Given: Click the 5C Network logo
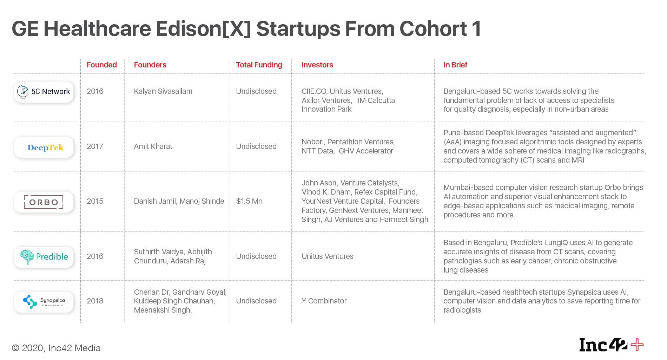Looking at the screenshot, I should [x=44, y=92].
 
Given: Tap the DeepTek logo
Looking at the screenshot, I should [x=44, y=147].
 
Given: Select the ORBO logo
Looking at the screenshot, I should [x=44, y=202].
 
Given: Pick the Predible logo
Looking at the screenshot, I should [x=44, y=257].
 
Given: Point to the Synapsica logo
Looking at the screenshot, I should [x=44, y=301].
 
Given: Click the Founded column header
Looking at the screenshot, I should [x=101, y=65].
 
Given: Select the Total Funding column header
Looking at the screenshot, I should [x=259, y=65].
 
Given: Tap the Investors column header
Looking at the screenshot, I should [x=317, y=65].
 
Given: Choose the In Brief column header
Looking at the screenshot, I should [x=455, y=65].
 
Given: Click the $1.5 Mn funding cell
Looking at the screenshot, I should [x=249, y=201].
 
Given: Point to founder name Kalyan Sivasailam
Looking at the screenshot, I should [x=163, y=91].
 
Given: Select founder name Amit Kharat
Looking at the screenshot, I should [x=153, y=146].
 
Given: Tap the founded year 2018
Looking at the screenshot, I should [x=95, y=301].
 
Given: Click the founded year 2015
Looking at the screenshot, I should [x=95, y=201].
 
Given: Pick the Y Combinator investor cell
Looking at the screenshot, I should [x=324, y=301].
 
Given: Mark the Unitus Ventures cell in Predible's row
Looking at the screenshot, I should [x=327, y=256].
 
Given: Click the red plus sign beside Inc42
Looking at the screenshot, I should [x=637, y=345].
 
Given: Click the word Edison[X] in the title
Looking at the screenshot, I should [x=203, y=29].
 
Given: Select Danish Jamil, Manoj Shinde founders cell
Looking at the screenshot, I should [x=179, y=201].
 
